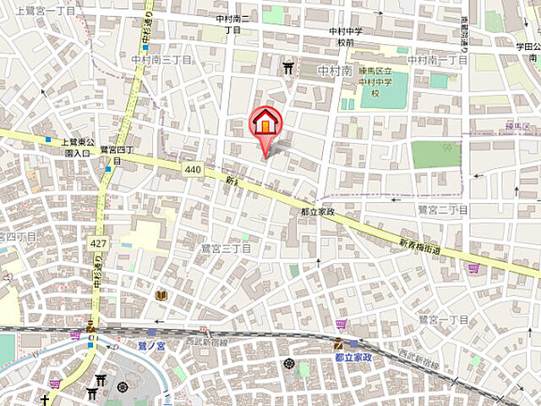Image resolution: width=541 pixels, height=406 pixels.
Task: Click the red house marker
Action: (x=265, y=124)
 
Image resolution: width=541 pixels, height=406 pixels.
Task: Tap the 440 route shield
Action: (x=193, y=170)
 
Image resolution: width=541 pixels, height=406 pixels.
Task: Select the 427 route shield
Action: (x=98, y=244)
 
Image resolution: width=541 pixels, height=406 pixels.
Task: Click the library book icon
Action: (x=161, y=295)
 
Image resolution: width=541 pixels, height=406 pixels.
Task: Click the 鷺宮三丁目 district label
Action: (x=225, y=248)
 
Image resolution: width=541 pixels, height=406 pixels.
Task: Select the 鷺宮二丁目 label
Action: (x=442, y=209)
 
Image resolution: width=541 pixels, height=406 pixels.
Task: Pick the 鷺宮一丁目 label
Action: (x=444, y=319)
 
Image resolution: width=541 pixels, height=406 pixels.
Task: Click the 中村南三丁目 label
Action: (x=162, y=60)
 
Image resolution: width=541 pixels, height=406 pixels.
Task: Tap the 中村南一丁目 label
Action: (x=436, y=60)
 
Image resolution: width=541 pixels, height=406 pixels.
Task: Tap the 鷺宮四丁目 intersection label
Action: (x=113, y=154)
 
